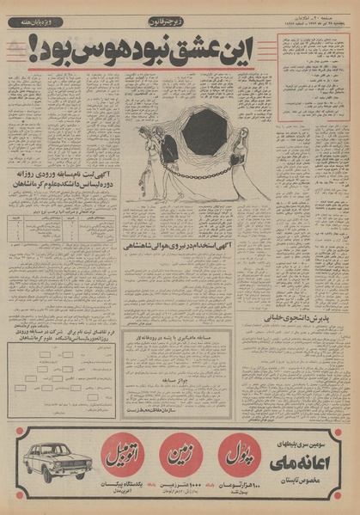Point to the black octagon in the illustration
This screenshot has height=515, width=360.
click(204, 132)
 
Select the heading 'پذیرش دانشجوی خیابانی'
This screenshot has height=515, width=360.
click(314, 313)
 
